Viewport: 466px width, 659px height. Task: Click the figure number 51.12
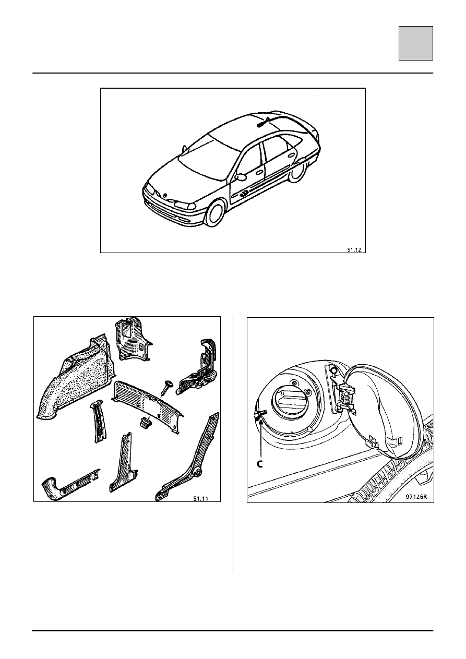[354, 250]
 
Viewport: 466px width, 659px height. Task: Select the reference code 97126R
[416, 497]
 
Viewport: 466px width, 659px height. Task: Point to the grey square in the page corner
[416, 43]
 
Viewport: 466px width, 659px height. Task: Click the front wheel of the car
[216, 213]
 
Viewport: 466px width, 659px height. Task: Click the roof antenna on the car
[264, 122]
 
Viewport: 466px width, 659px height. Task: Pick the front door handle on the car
[259, 172]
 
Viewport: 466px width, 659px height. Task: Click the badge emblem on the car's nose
[165, 195]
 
